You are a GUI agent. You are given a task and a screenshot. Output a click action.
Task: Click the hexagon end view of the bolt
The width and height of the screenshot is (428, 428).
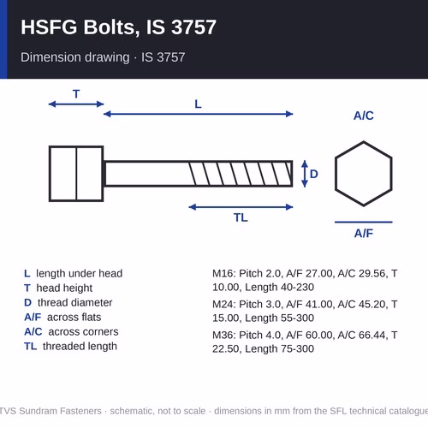(364, 142)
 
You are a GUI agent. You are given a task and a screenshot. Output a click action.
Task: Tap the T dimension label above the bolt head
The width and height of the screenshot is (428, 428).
(76, 94)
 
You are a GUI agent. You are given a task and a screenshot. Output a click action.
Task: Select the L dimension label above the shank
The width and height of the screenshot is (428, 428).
(198, 104)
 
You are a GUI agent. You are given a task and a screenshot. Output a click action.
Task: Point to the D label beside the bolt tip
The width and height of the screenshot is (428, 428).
(314, 174)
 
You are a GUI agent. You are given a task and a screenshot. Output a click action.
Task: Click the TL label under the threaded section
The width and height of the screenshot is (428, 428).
(241, 217)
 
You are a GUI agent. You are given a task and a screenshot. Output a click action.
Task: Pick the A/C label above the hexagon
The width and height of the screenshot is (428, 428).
(364, 116)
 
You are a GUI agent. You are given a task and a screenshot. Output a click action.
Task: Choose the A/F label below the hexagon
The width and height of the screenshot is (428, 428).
(364, 234)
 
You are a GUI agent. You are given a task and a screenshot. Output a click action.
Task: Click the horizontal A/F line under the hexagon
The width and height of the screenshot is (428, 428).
(364, 222)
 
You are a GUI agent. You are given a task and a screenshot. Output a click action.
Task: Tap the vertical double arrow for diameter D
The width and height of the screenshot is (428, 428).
(305, 174)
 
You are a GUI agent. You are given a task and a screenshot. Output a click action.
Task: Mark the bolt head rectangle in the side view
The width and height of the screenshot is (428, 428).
(49, 174)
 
